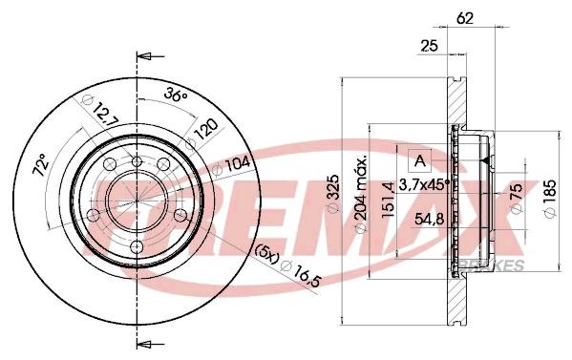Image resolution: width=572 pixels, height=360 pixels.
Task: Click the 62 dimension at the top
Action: [x=465, y=18]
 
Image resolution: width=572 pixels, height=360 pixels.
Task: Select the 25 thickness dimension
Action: [x=430, y=47]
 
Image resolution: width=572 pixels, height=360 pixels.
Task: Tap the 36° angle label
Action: [x=175, y=95]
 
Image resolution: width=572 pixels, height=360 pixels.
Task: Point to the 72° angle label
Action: [x=41, y=165]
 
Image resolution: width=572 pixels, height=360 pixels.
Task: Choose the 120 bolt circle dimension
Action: [x=202, y=133]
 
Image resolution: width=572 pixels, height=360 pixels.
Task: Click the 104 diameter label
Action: [x=232, y=165]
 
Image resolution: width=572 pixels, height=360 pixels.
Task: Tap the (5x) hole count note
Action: [x=266, y=253]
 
